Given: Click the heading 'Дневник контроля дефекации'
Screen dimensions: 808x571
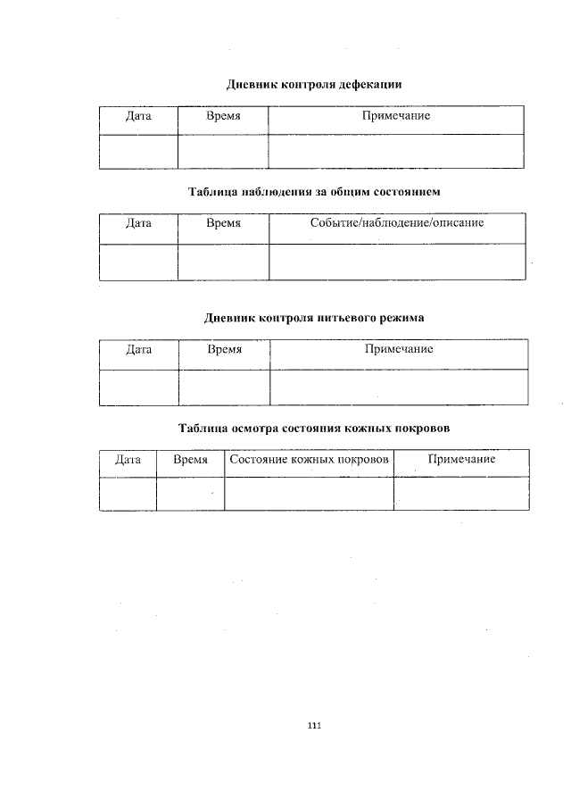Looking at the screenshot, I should pyautogui.click(x=314, y=85).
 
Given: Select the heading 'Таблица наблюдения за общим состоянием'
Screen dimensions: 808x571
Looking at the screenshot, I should pyautogui.click(x=314, y=191).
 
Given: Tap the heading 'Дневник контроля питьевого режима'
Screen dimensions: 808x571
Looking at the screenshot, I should pyautogui.click(x=314, y=317).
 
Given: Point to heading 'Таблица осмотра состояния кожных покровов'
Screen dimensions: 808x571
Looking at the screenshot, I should pyautogui.click(x=314, y=428).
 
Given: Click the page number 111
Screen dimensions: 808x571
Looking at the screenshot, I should pyautogui.click(x=313, y=725).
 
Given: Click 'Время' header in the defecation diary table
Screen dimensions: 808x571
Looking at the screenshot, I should pyautogui.click(x=223, y=117).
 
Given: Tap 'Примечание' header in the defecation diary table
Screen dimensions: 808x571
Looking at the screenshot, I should pyautogui.click(x=396, y=117).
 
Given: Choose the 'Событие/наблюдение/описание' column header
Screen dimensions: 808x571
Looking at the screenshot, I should pyautogui.click(x=396, y=222).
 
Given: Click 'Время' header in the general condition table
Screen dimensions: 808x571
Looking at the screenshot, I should pyautogui.click(x=223, y=222).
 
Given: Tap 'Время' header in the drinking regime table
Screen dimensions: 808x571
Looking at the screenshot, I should pyautogui.click(x=224, y=349).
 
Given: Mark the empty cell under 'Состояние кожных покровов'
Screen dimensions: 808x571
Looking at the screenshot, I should pyautogui.click(x=309, y=494).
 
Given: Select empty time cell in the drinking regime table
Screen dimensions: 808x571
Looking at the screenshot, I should pyautogui.click(x=224, y=387).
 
